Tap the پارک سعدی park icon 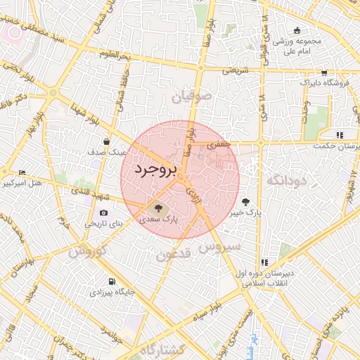[x=155, y=207]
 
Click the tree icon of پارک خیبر [x=245, y=201]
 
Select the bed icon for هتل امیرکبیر [x=22, y=173]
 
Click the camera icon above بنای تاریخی [x=104, y=213]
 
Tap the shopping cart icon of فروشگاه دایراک [x=323, y=72]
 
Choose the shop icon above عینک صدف [x=106, y=141]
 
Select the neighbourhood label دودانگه [x=287, y=180]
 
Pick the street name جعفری [x=219, y=143]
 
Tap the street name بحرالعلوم [x=115, y=54]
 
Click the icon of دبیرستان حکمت [x=340, y=134]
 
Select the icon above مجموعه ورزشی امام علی [x=298, y=30]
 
